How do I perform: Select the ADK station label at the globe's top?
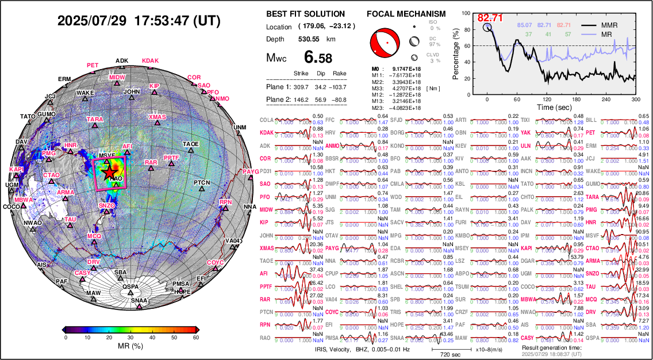click(122, 60)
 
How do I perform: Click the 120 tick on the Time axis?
click(547, 99)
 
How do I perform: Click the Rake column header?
click(339, 74)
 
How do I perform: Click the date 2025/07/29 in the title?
click(92, 21)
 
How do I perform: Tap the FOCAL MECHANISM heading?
click(406, 14)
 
